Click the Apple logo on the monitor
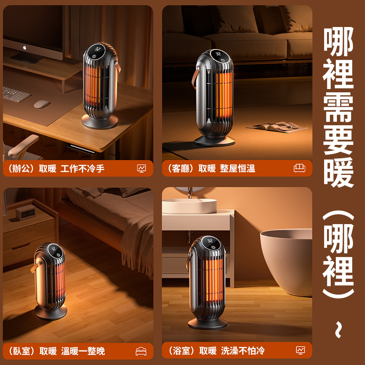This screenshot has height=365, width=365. pyautogui.click(x=25, y=48)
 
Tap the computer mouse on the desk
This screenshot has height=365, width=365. pyautogui.click(x=42, y=104)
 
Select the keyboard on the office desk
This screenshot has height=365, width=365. pyautogui.click(x=15, y=94)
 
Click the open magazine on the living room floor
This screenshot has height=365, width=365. pyautogui.click(x=277, y=127)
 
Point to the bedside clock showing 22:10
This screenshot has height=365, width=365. pyautogui.click(x=26, y=212)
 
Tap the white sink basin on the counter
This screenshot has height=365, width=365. pyautogui.click(x=189, y=206)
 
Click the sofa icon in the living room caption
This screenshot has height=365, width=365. pyautogui.click(x=299, y=168)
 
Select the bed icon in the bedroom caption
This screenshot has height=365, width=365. pyautogui.click(x=141, y=351)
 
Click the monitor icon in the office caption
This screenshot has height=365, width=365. pyautogui.click(x=141, y=168)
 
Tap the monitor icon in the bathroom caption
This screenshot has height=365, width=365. pyautogui.click(x=300, y=350)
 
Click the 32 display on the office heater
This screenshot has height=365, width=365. pyautogui.click(x=97, y=49)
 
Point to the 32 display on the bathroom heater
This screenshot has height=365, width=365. pyautogui.click(x=210, y=241)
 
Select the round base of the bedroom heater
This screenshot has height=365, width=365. pyautogui.click(x=51, y=312)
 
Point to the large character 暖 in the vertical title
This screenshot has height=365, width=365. pyautogui.click(x=339, y=172)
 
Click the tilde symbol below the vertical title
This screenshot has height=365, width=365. pyautogui.click(x=339, y=330)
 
